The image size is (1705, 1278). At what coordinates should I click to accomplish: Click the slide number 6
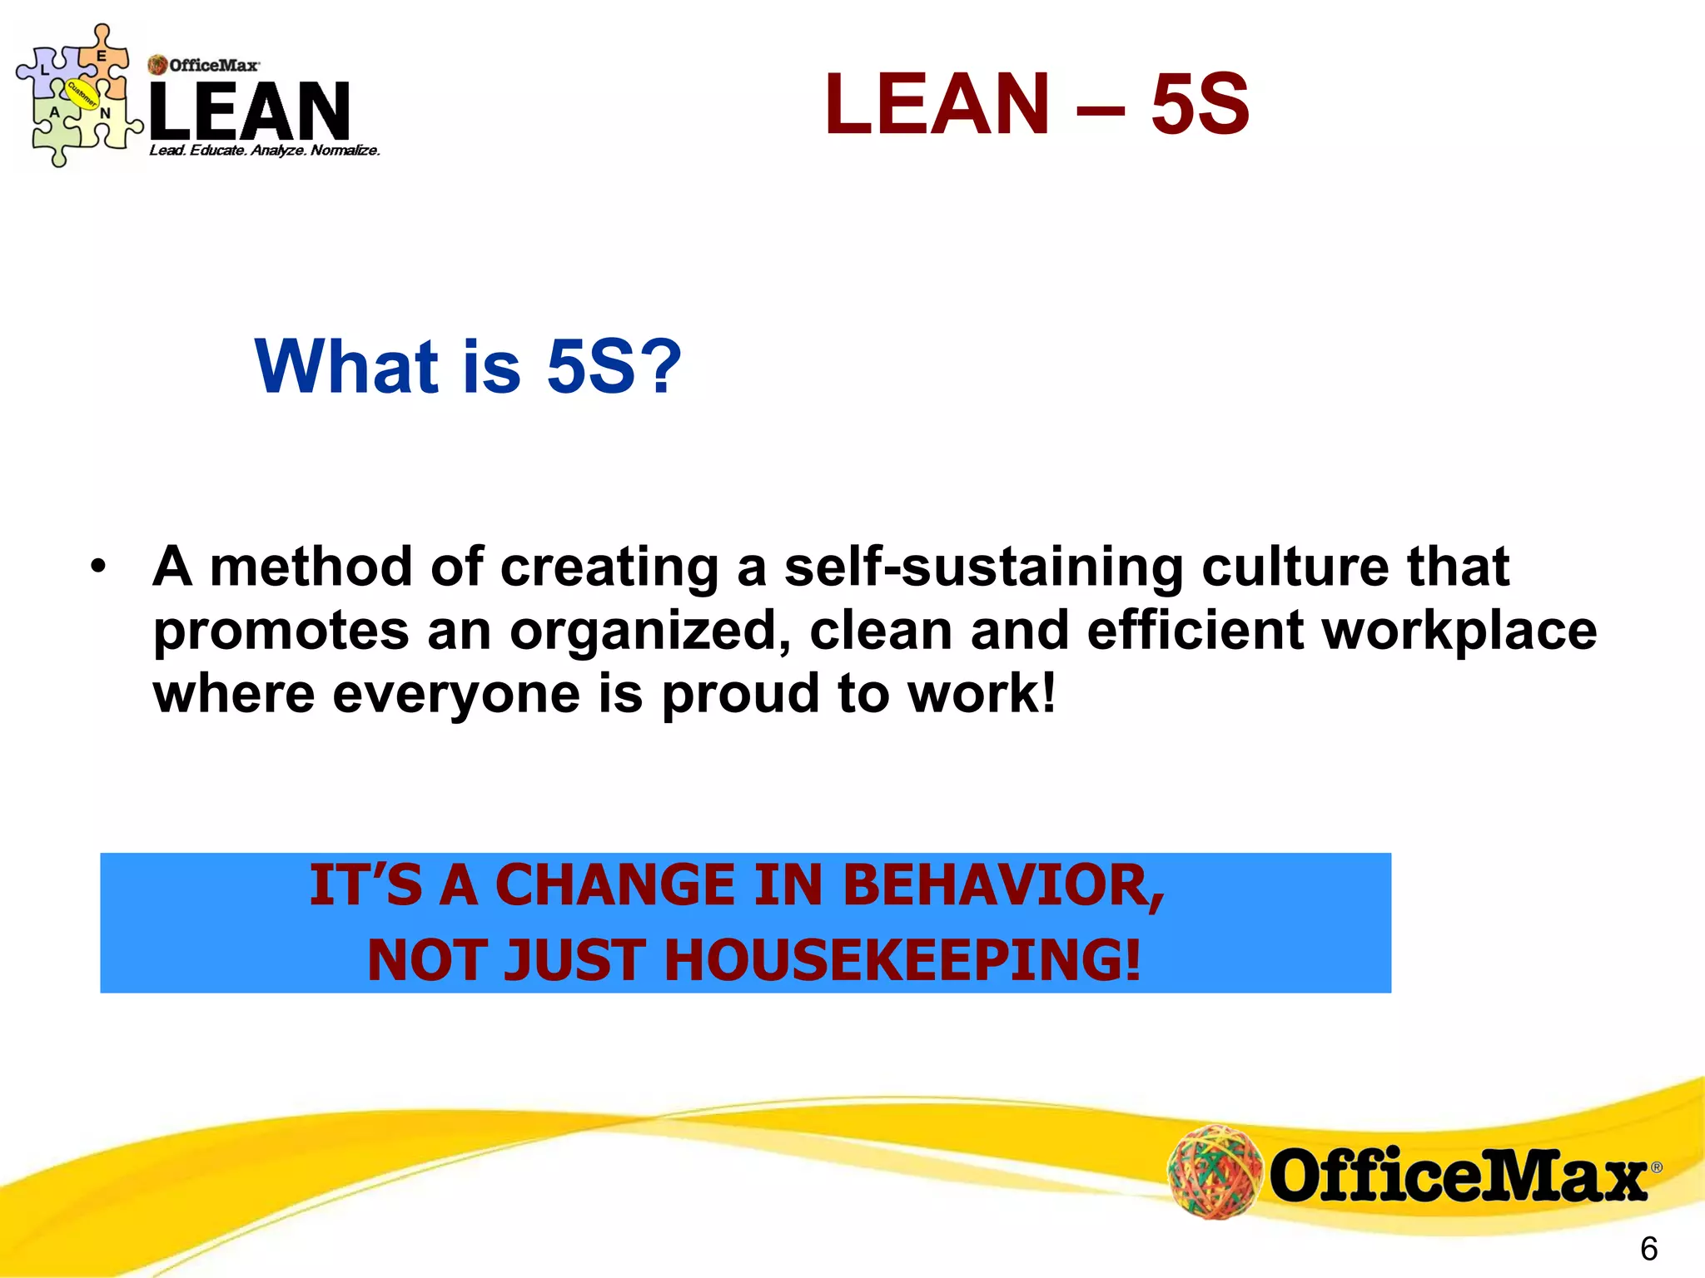1648,1249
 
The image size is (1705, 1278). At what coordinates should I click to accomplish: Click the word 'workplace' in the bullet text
1459,631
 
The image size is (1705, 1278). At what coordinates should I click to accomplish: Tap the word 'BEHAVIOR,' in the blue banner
1003,885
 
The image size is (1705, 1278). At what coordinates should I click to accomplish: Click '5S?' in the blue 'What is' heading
614,367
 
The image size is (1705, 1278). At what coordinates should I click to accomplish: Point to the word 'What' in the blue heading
346,367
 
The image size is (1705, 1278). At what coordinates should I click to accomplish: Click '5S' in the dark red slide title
1200,104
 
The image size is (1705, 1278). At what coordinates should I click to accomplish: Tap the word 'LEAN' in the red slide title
937,104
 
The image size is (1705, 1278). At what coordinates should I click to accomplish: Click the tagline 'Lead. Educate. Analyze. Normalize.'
265,151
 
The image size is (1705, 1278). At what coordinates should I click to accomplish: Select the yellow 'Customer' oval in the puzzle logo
82,94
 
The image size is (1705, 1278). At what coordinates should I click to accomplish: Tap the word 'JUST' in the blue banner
575,960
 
